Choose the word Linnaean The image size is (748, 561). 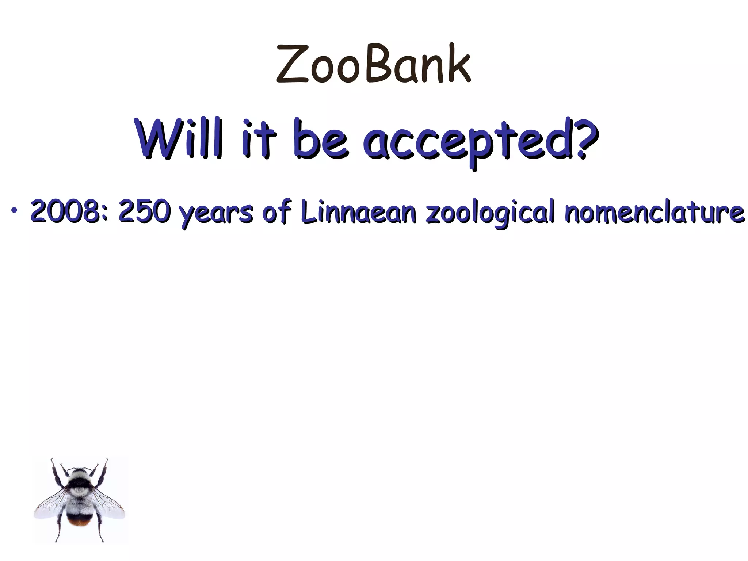pyautogui.click(x=358, y=211)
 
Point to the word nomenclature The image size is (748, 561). pyautogui.click(x=654, y=211)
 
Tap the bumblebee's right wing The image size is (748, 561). pyautogui.click(x=110, y=504)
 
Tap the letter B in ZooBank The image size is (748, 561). pyautogui.click(x=377, y=63)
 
